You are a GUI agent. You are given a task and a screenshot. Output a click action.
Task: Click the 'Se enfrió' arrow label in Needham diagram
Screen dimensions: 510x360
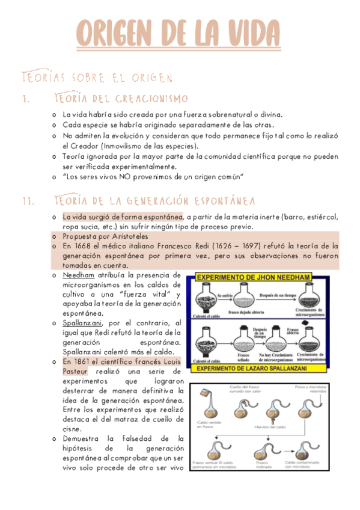(225, 296)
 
